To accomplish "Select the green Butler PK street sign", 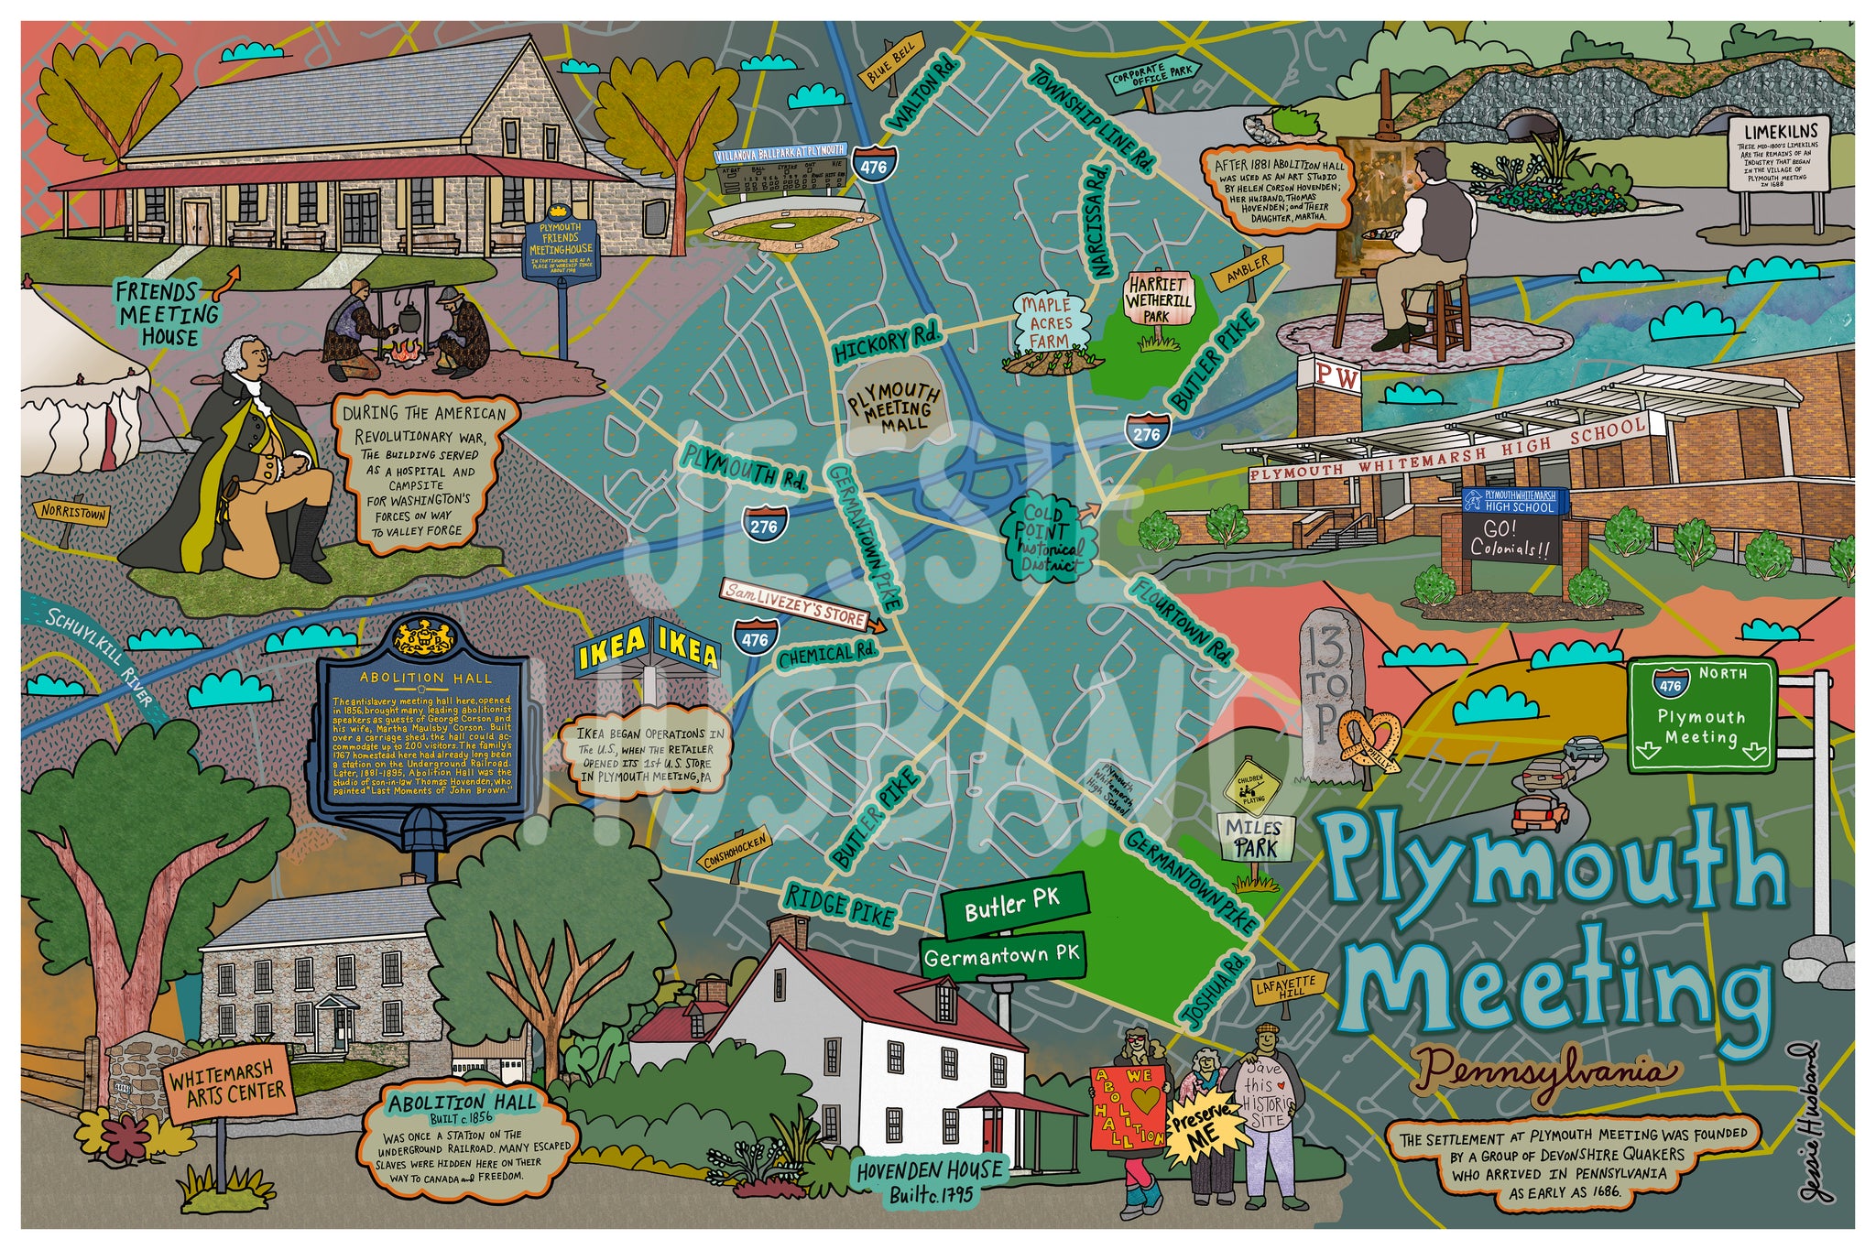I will pyautogui.click(x=1014, y=905).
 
